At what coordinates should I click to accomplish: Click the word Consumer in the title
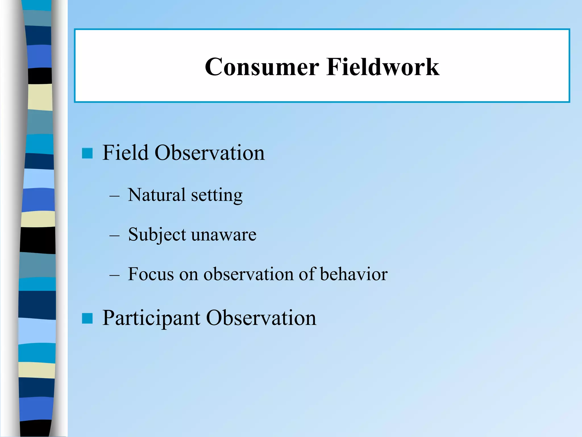[x=262, y=67]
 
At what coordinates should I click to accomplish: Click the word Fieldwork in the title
[x=383, y=67]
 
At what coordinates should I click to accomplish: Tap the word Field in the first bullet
[x=125, y=153]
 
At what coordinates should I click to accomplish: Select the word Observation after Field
[x=209, y=153]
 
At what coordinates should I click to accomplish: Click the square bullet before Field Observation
[x=87, y=153]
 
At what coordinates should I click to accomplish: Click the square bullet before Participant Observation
[x=87, y=318]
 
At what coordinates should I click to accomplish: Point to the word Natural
[x=157, y=195]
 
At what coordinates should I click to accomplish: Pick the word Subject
[x=157, y=235]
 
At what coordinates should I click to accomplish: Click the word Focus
[x=151, y=274]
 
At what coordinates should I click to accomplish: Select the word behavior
[x=354, y=274]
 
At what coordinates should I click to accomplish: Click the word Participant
[x=151, y=318]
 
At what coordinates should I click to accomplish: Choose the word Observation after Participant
[x=261, y=318]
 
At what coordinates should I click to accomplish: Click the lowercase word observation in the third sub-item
[x=248, y=274]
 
